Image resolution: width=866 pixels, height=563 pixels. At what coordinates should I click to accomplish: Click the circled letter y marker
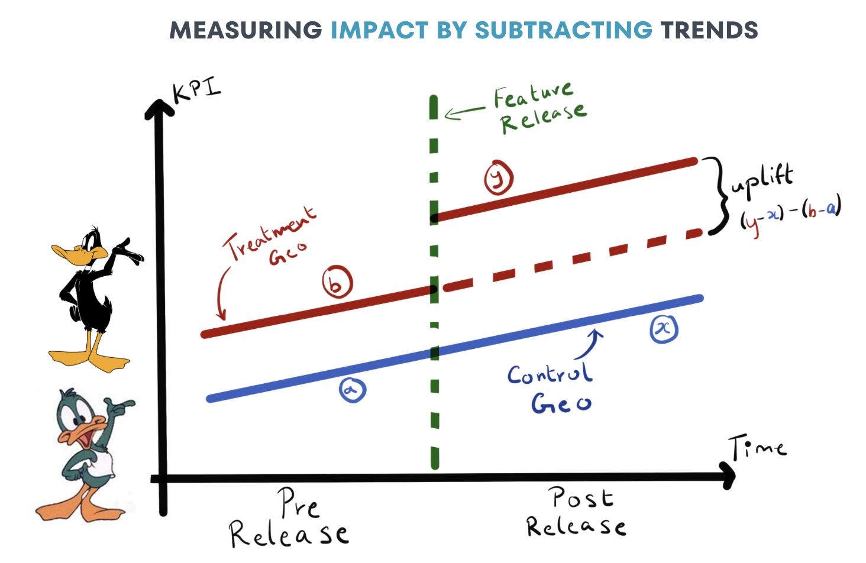click(499, 178)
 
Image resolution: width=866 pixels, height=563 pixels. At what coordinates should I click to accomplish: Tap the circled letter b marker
click(337, 282)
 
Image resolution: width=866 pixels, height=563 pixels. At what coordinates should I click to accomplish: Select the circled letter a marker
click(353, 390)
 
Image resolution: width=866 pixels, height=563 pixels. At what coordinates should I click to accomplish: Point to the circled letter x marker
click(664, 328)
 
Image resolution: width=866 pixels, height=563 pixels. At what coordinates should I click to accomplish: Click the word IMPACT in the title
click(379, 30)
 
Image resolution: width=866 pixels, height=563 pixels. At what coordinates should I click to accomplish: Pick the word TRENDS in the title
click(709, 30)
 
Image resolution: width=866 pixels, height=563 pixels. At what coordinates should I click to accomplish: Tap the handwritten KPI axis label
click(196, 90)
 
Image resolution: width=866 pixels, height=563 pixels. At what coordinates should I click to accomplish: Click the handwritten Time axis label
click(758, 448)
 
